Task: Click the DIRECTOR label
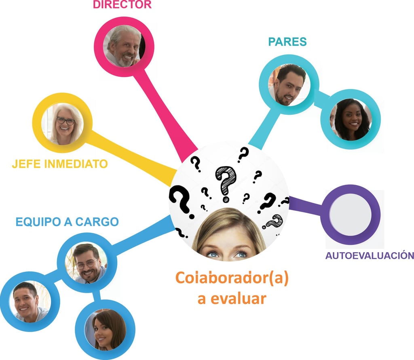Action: click(122, 5)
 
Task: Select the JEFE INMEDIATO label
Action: click(60, 164)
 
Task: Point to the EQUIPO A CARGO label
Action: click(67, 222)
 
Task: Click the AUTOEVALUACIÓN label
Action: click(370, 255)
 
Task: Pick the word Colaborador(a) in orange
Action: click(232, 279)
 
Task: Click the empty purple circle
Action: click(350, 214)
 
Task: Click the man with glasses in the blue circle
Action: click(87, 263)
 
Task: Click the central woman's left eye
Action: click(213, 254)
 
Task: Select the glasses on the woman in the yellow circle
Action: click(65, 120)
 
